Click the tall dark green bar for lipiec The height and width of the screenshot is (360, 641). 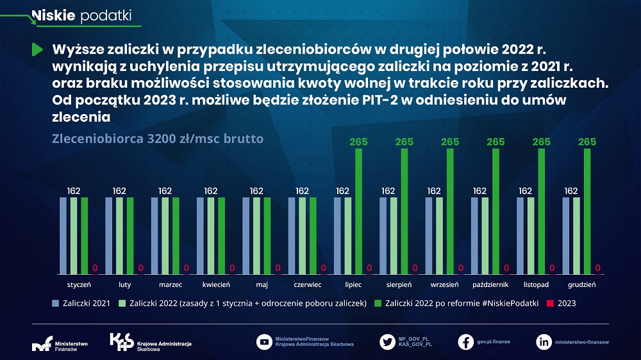click(358, 211)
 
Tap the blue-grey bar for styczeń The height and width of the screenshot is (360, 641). click(63, 235)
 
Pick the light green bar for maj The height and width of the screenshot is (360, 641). click(256, 235)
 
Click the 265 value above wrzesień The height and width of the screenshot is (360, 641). click(450, 142)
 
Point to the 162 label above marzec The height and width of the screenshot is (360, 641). click(165, 190)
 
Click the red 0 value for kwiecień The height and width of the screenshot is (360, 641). click(232, 268)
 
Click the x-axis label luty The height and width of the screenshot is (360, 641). click(124, 284)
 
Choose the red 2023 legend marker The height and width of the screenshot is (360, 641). click(551, 303)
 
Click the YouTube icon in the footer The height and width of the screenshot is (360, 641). click(263, 342)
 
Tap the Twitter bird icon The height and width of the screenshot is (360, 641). click(387, 342)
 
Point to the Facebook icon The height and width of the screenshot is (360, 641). click(466, 342)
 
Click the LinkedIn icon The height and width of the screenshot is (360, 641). click(544, 342)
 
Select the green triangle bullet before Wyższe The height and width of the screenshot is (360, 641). click(37, 49)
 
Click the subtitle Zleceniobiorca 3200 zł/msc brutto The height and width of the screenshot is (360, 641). click(157, 138)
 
